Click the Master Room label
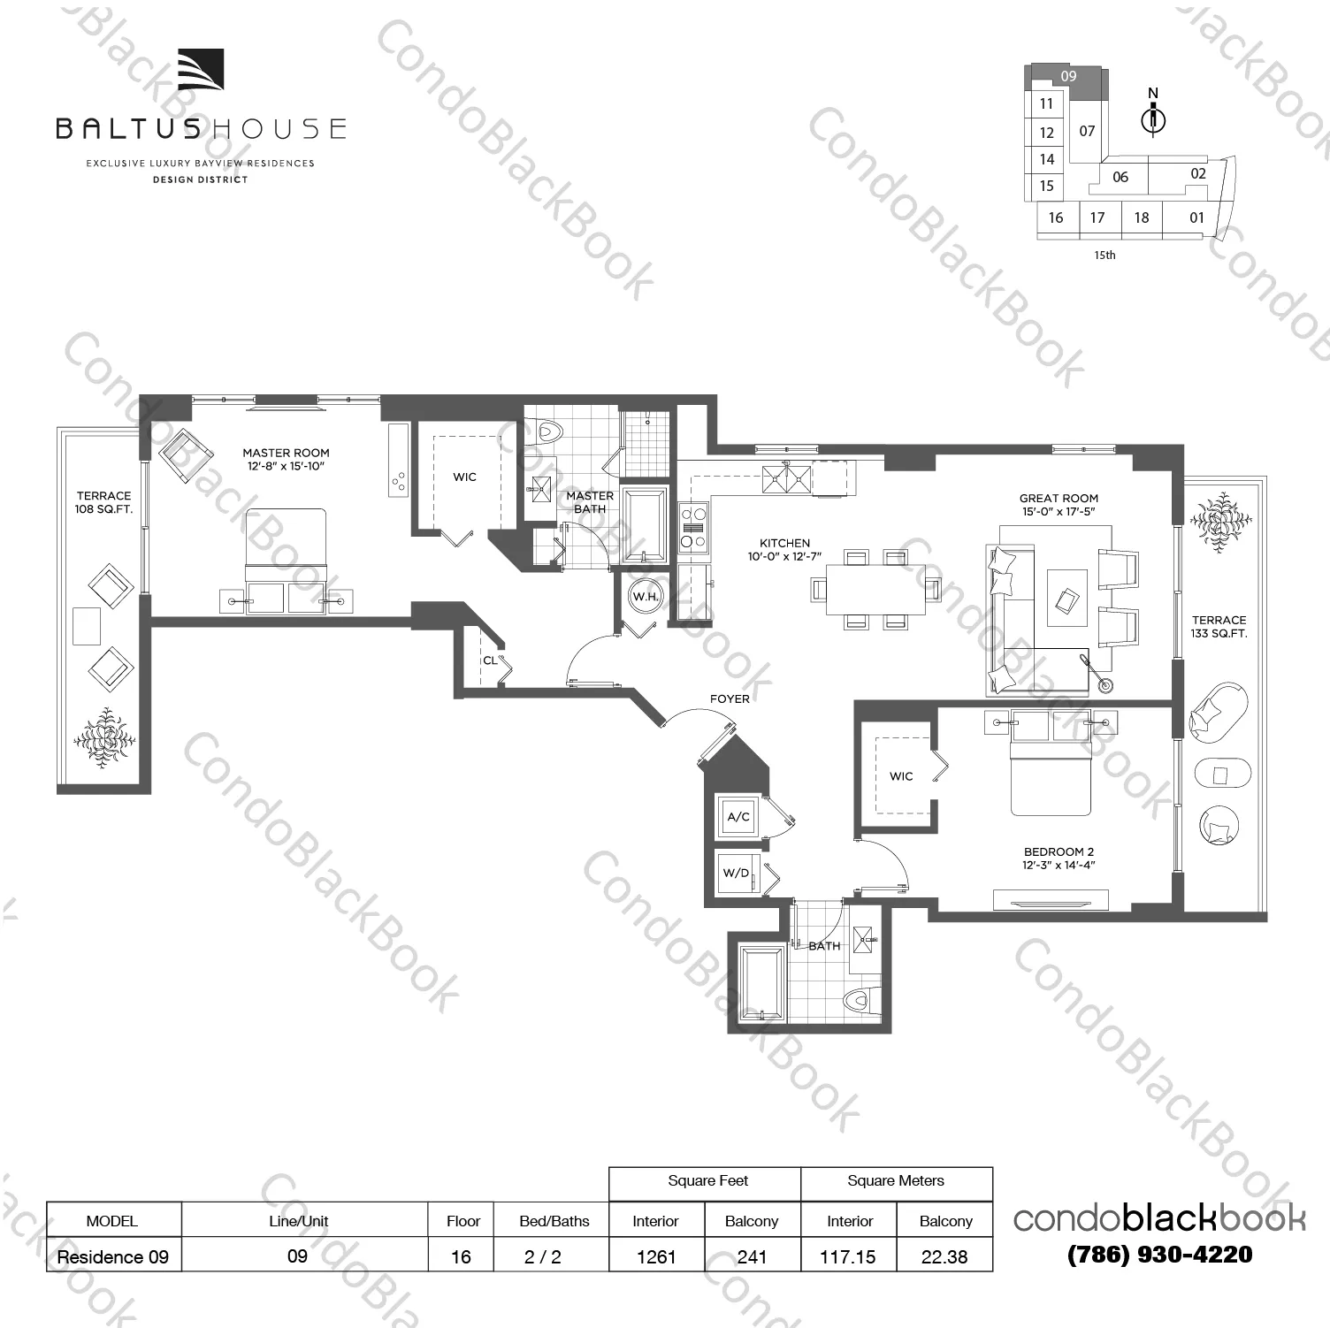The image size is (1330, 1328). [286, 459]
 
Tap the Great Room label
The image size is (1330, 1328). [1059, 504]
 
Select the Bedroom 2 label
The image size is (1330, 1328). [1059, 858]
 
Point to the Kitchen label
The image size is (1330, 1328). [784, 549]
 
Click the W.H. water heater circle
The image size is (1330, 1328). [646, 596]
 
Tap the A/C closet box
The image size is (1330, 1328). [738, 817]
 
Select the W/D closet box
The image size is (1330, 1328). [737, 873]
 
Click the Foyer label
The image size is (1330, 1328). [730, 698]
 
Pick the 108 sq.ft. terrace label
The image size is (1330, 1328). [103, 502]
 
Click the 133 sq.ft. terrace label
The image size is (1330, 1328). [1219, 626]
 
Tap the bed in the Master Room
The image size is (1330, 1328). [286, 548]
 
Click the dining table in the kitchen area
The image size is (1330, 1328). [875, 590]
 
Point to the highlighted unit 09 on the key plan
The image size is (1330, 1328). [1068, 76]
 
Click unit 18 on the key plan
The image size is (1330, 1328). [1142, 218]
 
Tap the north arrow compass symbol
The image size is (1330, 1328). [1153, 116]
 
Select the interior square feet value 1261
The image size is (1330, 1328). [656, 1256]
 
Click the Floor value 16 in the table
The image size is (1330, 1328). [461, 1256]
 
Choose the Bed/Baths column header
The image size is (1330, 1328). [554, 1221]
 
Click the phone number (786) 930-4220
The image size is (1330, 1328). [1159, 1255]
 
